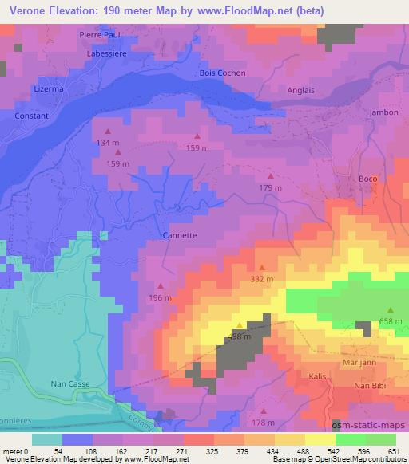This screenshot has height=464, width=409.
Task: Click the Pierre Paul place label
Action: [x=99, y=35]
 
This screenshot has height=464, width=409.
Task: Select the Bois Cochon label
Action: [x=222, y=73]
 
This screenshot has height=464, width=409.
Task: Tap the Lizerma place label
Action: [x=48, y=89]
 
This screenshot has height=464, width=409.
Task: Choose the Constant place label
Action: [x=32, y=116]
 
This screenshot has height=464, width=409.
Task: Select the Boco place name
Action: [x=367, y=179]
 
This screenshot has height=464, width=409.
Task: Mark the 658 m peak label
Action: [x=391, y=320]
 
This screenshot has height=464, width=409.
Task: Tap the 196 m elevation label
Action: [x=160, y=298]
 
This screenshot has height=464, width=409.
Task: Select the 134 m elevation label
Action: [x=107, y=142]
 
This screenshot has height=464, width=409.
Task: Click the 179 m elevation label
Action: [x=271, y=187]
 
